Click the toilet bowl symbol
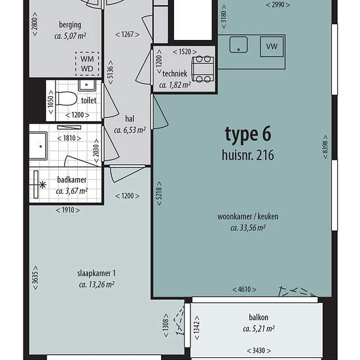click(x=66, y=98)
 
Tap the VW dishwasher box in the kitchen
click(x=272, y=46)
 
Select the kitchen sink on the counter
click(x=238, y=45)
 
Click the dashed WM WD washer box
click(x=87, y=64)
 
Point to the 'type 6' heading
click(x=248, y=134)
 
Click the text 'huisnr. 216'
click(x=247, y=155)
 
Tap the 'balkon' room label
click(x=259, y=317)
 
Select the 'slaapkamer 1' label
click(x=96, y=273)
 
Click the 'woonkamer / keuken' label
click(x=247, y=217)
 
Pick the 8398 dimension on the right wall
click(x=325, y=147)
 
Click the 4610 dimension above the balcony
click(x=244, y=289)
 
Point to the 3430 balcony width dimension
click(x=259, y=351)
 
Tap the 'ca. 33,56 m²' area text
click(x=248, y=228)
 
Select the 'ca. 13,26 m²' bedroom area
click(x=96, y=285)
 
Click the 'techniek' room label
click(x=175, y=74)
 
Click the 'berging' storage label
click(x=70, y=25)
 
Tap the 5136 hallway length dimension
click(x=111, y=72)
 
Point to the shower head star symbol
click(x=43, y=185)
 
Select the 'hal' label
click(x=130, y=118)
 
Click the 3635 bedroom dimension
click(x=35, y=278)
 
